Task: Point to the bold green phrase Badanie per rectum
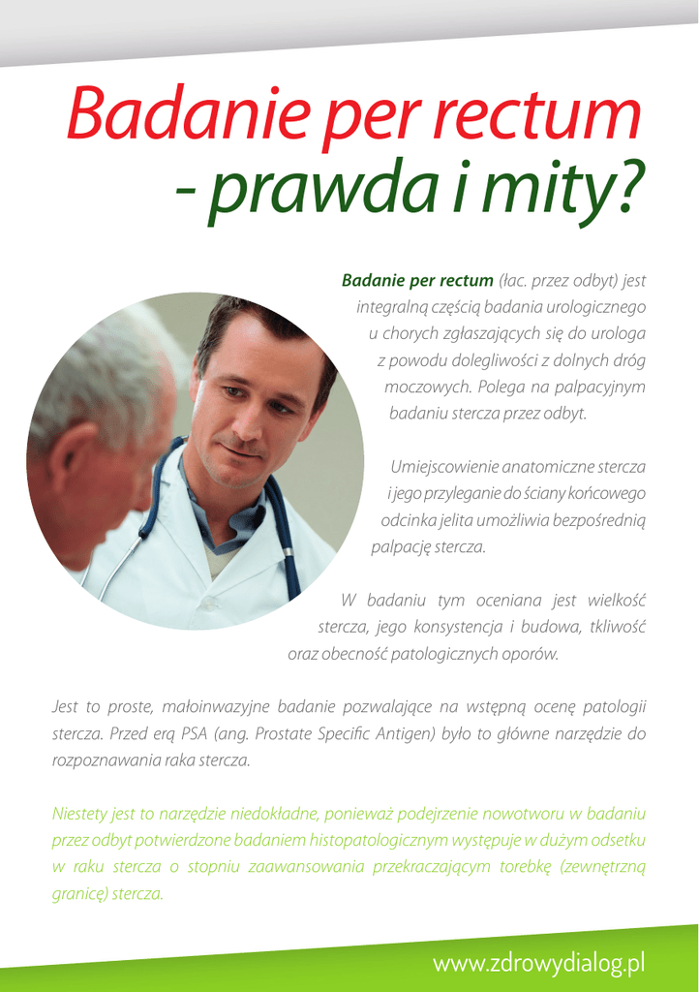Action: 417,281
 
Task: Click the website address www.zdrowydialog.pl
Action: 538,963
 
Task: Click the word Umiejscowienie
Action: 443,467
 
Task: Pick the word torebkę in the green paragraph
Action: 526,866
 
